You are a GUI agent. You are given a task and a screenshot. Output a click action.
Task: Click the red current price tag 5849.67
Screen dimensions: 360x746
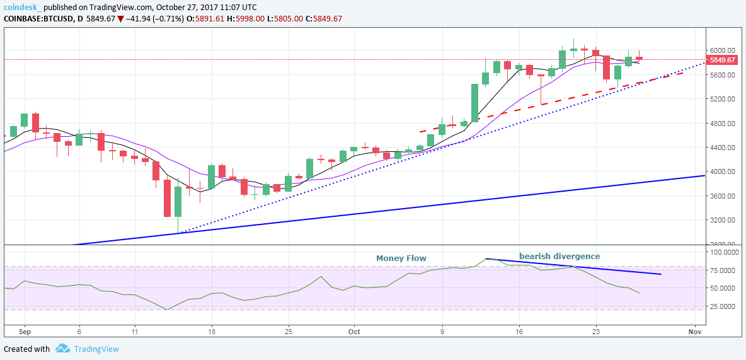pos(722,60)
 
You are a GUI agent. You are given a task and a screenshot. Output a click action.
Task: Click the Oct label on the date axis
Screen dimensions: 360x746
pos(353,331)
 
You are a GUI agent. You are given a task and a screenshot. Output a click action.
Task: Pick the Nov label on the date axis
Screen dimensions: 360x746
pos(695,331)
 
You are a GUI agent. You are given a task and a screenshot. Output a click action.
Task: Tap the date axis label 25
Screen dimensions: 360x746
pos(288,331)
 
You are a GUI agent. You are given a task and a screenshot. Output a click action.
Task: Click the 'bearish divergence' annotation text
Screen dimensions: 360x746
pos(559,257)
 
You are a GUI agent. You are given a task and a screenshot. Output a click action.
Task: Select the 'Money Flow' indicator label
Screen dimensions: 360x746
pos(401,258)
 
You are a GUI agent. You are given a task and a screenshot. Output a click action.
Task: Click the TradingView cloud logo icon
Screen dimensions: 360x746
pos(62,349)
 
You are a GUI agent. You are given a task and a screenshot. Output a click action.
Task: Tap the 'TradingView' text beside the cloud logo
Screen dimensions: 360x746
pos(96,349)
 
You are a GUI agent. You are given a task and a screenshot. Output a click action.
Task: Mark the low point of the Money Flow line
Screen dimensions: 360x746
pos(167,310)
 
